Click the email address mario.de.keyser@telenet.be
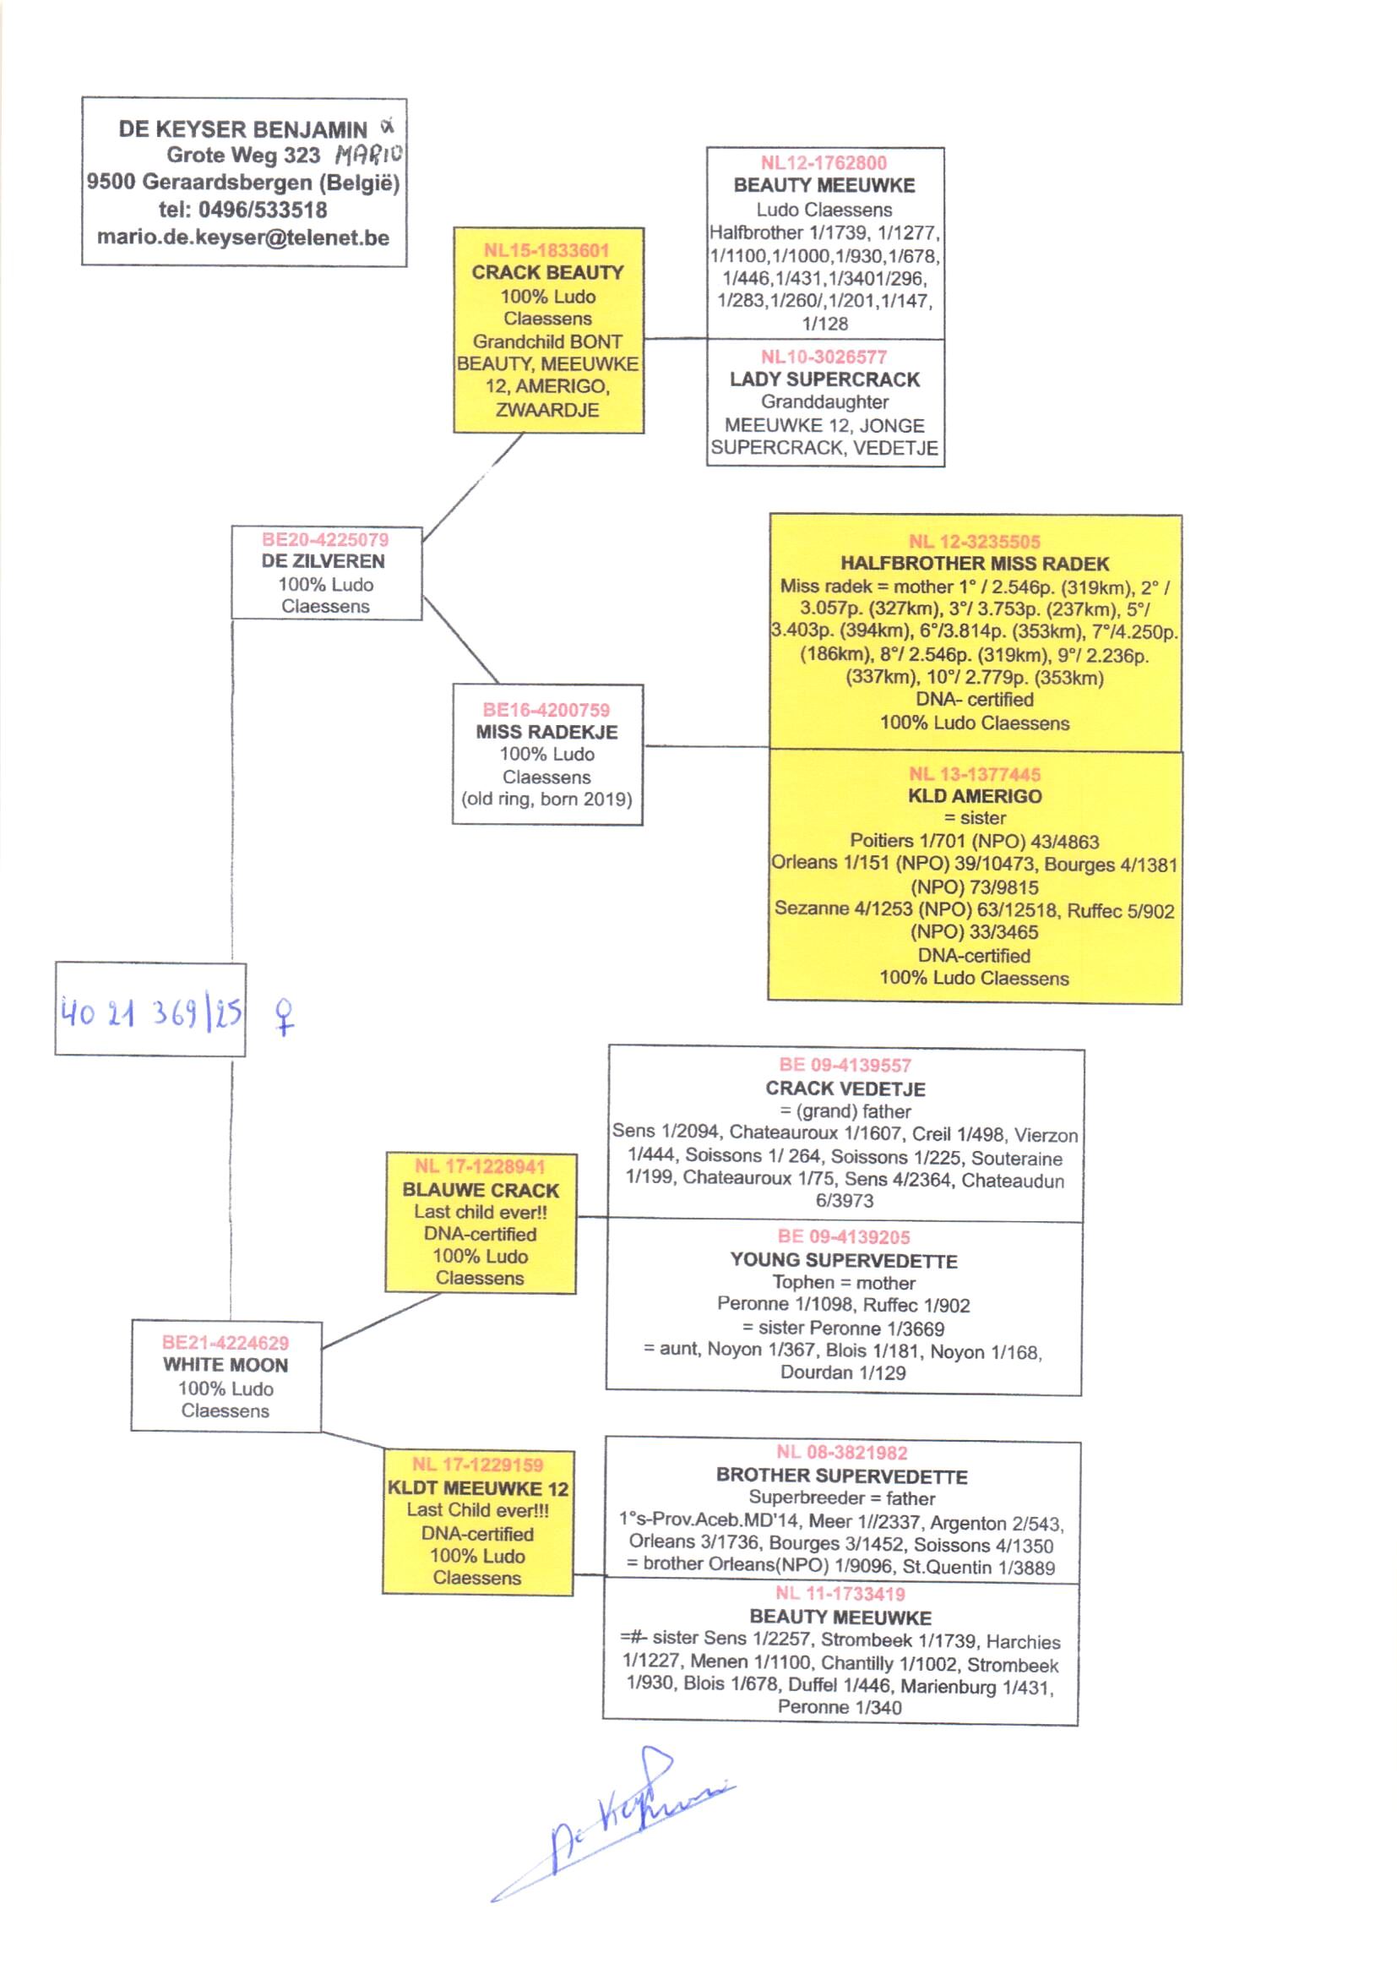(242, 237)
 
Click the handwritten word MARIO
(368, 155)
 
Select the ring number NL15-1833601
(546, 250)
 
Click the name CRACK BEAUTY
(547, 273)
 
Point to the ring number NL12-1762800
(824, 162)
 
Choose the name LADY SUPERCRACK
(824, 379)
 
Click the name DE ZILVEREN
(323, 561)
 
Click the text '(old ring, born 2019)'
(546, 799)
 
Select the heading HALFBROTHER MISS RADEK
(974, 564)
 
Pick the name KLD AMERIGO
(974, 796)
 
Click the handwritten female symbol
(284, 1016)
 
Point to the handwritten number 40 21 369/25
(150, 1013)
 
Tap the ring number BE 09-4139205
(843, 1236)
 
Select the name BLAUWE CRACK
(480, 1190)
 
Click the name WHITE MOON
(226, 1365)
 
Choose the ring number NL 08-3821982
(841, 1453)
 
